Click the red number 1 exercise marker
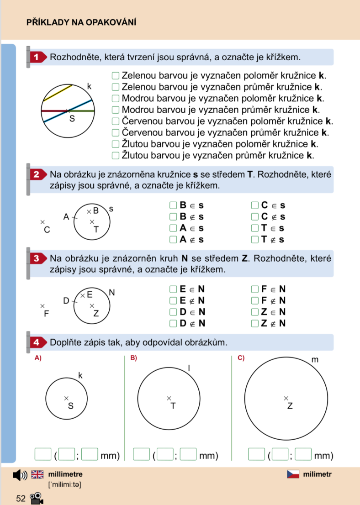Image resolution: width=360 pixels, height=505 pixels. tap(37, 58)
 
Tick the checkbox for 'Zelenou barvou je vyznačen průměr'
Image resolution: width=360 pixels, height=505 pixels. tap(116, 87)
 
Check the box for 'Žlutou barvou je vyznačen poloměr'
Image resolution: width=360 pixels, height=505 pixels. tap(116, 144)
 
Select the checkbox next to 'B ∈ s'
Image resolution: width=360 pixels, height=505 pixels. tap(173, 205)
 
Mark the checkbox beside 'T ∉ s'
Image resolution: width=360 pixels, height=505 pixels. tap(255, 240)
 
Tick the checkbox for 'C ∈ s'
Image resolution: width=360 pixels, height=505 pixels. tap(255, 205)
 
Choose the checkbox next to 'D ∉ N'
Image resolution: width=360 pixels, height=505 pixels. tap(173, 323)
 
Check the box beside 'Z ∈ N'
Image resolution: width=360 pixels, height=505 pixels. tap(255, 312)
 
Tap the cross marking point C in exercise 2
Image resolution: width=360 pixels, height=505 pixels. tap(42, 222)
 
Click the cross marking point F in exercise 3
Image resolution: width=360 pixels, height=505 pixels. tap(42, 306)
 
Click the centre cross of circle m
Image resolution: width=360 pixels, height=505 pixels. tap(286, 398)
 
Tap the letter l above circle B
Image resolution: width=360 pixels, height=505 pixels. tap(189, 368)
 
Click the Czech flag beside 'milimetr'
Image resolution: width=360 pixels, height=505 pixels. tap(293, 474)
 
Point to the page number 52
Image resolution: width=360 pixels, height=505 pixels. tap(21, 499)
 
